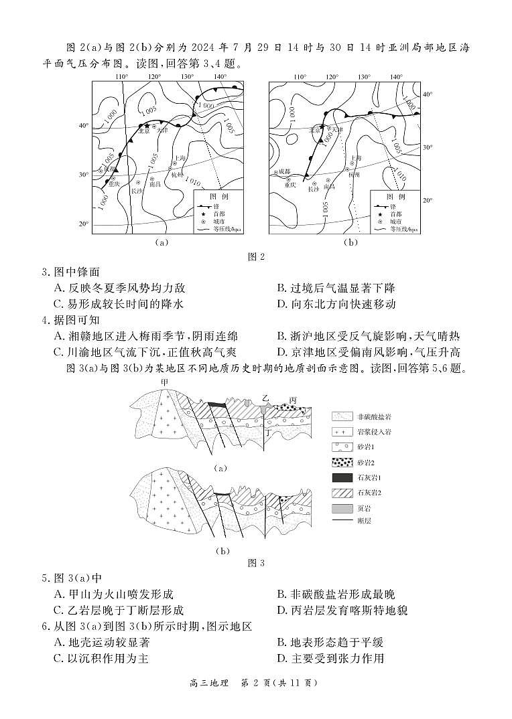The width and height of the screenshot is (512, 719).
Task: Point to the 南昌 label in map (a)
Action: coord(155,183)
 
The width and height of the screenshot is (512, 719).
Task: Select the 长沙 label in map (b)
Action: coord(314,189)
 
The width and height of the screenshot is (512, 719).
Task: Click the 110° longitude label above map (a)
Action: coord(121,77)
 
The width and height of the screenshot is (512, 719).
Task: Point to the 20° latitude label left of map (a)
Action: coord(84,224)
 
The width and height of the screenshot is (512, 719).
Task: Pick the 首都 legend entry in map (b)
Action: coord(396,214)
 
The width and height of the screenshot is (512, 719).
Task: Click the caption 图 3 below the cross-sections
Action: coord(255,563)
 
